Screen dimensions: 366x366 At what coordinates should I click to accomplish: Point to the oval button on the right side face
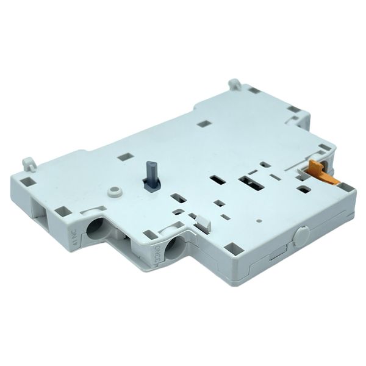click(300, 235)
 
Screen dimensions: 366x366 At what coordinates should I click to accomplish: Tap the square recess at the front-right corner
click(233, 248)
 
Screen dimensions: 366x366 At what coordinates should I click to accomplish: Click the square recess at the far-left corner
click(26, 181)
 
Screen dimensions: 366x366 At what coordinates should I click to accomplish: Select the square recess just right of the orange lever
click(345, 187)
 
